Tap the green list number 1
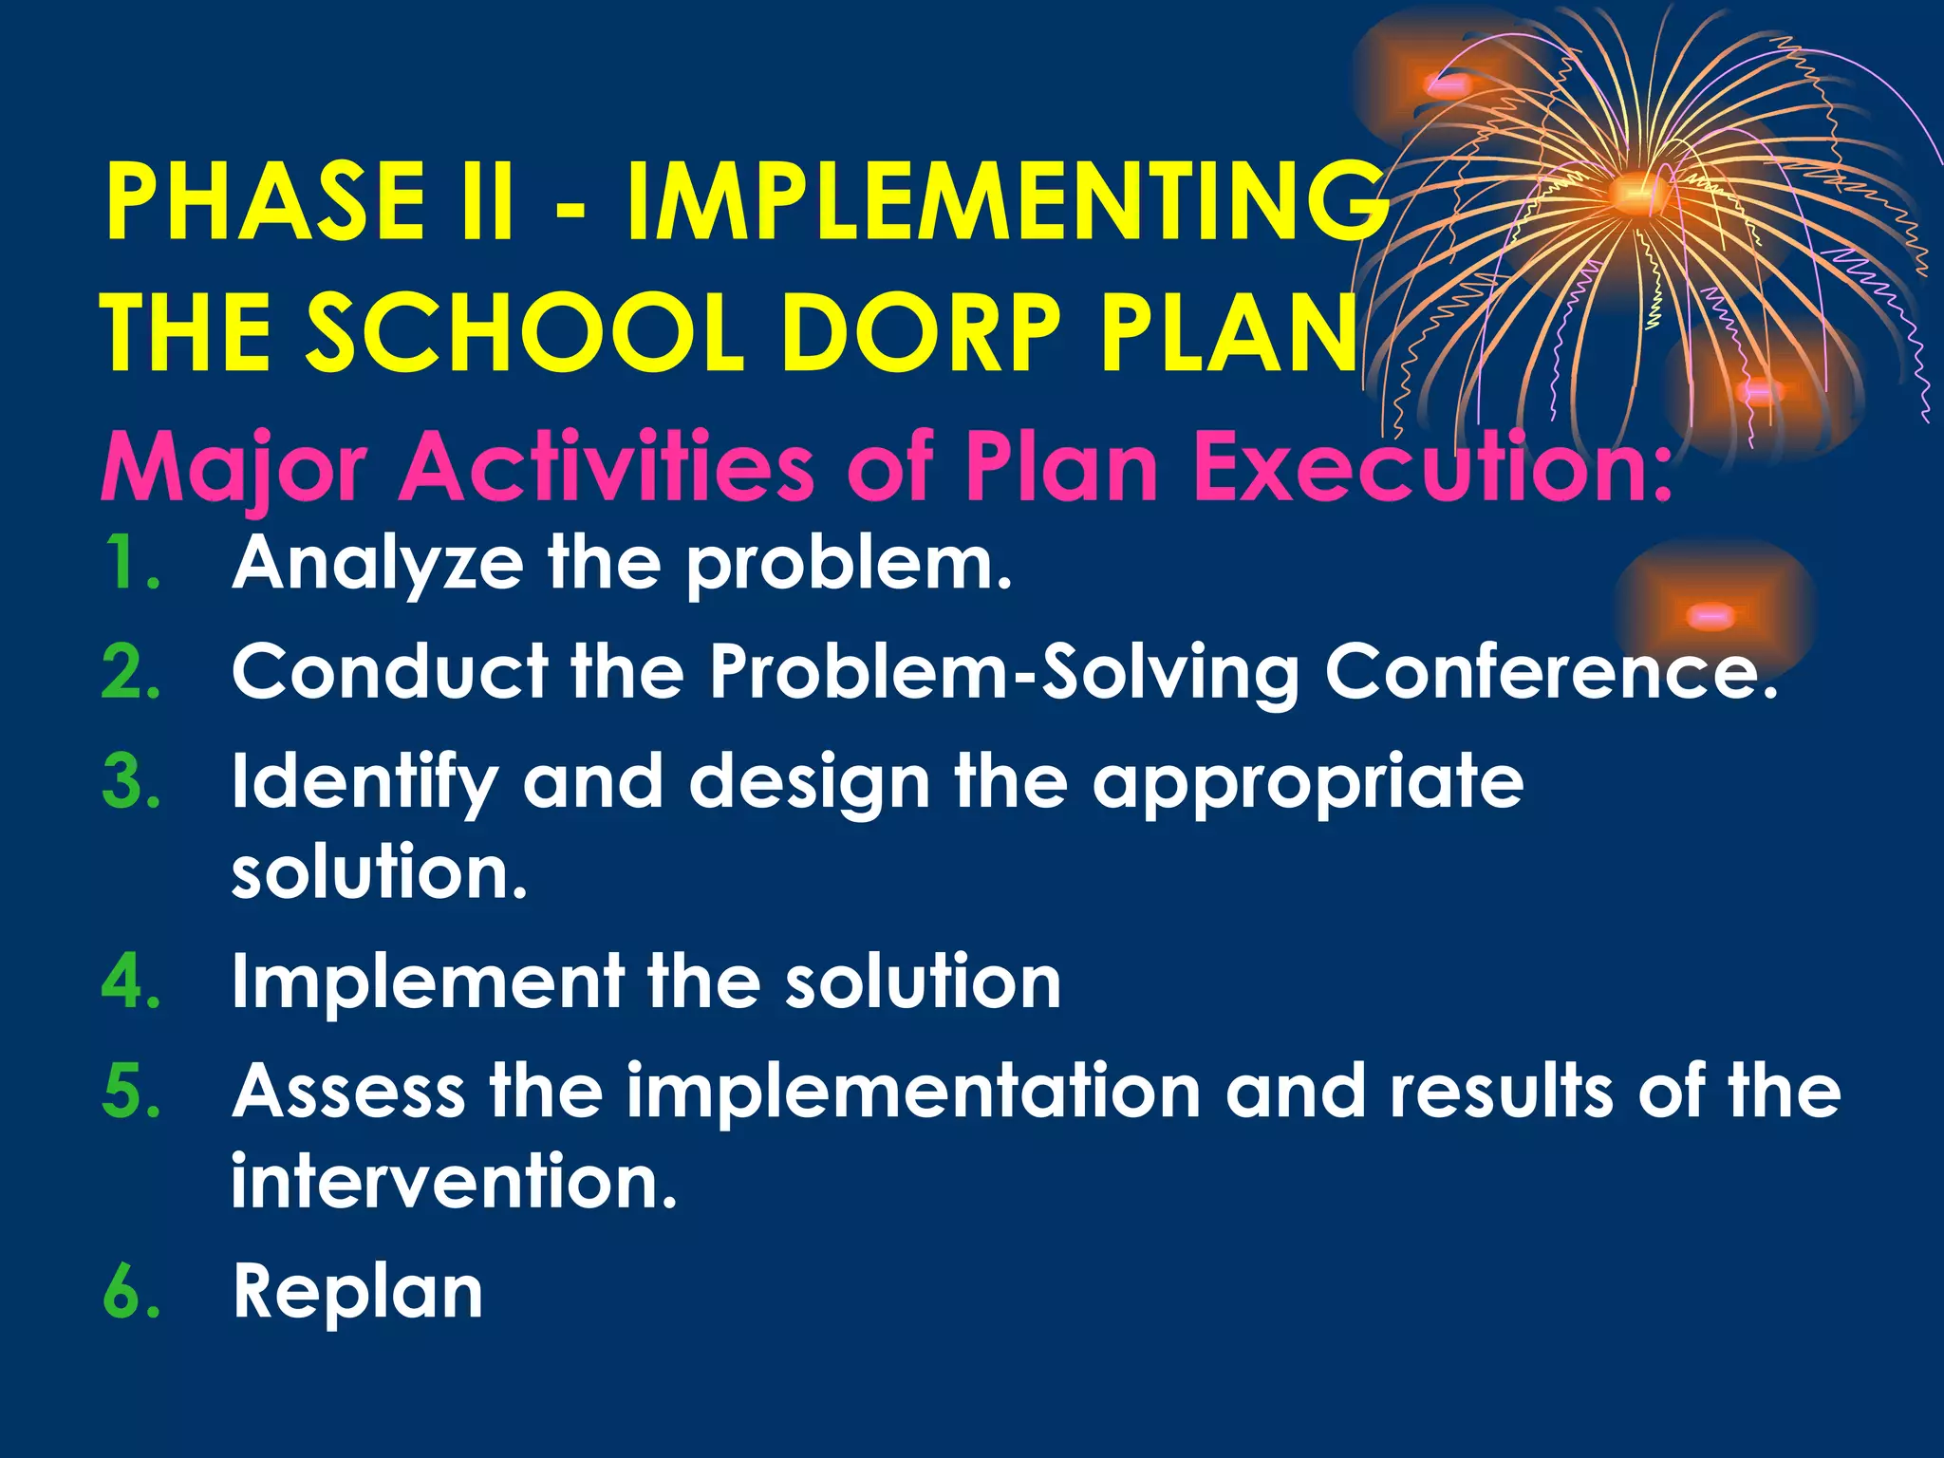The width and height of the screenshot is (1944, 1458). pos(129,563)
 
